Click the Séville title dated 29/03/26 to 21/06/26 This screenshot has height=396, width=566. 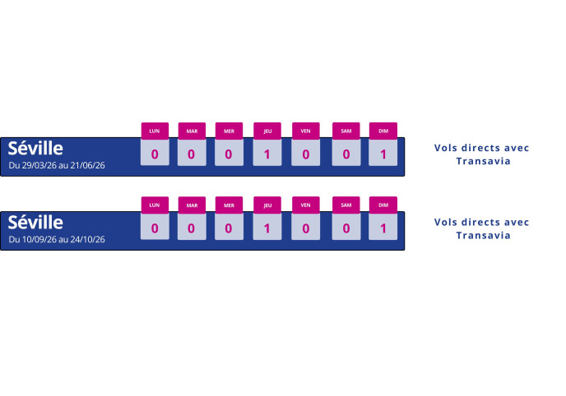35,149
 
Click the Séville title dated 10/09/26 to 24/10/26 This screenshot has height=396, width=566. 35,223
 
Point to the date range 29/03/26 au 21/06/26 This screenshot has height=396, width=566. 57,165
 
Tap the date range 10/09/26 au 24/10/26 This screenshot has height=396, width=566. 57,239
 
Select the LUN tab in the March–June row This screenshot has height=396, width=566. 155,131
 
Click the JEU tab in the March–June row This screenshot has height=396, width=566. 267,131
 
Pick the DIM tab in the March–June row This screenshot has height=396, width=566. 383,131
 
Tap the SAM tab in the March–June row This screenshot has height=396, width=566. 346,131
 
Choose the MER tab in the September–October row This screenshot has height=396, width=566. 229,205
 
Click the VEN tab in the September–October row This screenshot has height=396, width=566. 305,205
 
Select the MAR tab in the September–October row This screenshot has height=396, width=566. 192,205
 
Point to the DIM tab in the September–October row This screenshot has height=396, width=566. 383,205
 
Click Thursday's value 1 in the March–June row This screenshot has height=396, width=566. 267,154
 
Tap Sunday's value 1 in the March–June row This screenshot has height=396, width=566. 383,154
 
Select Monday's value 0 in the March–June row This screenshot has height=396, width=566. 155,154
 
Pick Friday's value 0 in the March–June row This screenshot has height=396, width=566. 305,154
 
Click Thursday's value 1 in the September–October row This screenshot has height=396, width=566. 267,228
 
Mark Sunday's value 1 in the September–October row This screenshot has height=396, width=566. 383,228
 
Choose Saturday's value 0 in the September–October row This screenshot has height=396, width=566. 346,228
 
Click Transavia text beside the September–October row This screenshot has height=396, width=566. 482,236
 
